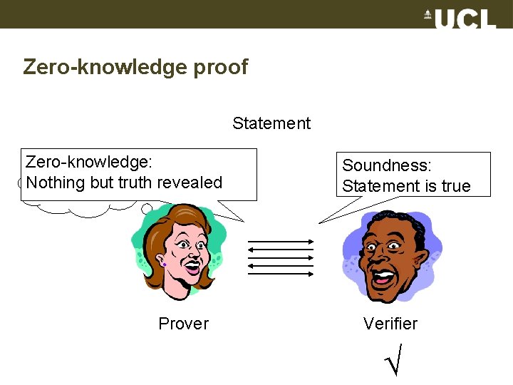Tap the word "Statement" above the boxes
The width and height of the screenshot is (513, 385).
coord(271,123)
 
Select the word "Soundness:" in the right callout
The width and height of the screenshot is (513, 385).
coord(387,165)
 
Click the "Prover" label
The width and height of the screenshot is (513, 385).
coord(183,324)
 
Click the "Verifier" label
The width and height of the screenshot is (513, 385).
coord(390,324)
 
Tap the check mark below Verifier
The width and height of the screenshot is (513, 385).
coord(393,361)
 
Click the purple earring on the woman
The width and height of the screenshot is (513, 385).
coord(165,265)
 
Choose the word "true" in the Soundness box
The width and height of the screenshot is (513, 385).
coord(456,186)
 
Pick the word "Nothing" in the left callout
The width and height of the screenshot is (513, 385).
coord(56,183)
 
